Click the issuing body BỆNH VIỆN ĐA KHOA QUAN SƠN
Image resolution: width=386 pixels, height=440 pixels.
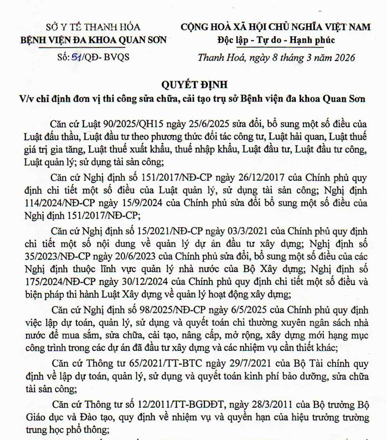coord(93,40)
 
